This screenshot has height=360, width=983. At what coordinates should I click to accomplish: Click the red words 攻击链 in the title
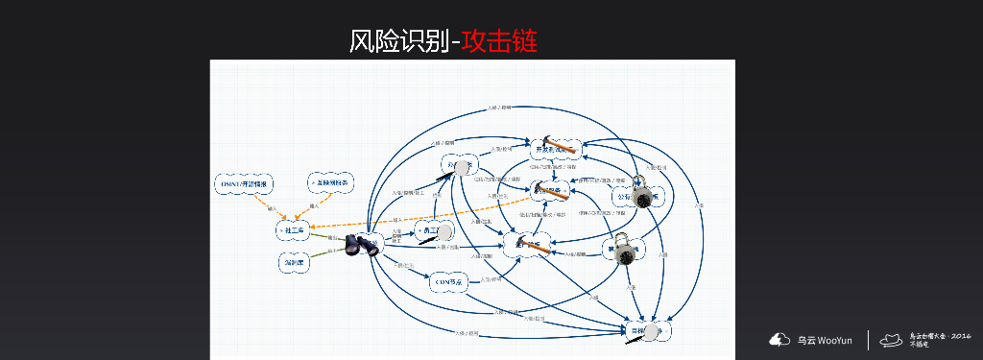(x=498, y=40)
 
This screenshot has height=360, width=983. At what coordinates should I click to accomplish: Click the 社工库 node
(x=293, y=230)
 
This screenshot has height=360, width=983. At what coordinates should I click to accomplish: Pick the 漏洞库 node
(x=293, y=261)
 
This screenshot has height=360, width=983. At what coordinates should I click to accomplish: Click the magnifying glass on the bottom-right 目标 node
(x=653, y=331)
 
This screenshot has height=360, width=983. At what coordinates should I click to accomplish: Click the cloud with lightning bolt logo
(x=778, y=339)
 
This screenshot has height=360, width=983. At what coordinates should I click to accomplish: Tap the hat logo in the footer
(x=891, y=339)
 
